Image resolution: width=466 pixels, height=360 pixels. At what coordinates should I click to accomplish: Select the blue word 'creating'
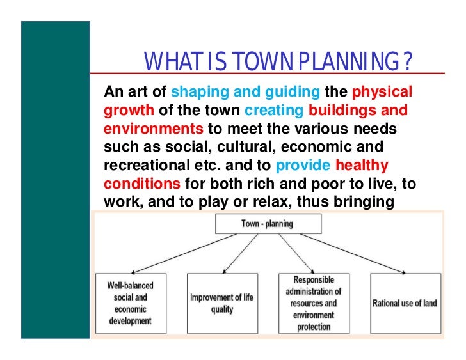click(x=275, y=110)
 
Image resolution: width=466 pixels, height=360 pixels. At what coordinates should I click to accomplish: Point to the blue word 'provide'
click(x=303, y=166)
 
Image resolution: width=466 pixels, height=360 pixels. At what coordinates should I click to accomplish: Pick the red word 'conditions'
click(x=141, y=184)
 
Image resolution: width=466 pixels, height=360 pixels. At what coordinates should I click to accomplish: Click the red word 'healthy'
click(x=362, y=166)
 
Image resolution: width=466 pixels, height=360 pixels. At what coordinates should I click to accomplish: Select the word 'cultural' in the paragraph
click(x=239, y=147)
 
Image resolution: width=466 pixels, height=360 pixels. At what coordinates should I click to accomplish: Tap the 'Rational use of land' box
click(x=405, y=302)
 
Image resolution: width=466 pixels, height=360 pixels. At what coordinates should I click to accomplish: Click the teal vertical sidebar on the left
click(x=55, y=179)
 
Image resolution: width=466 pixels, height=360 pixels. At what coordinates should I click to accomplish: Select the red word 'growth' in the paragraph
click(x=125, y=110)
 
